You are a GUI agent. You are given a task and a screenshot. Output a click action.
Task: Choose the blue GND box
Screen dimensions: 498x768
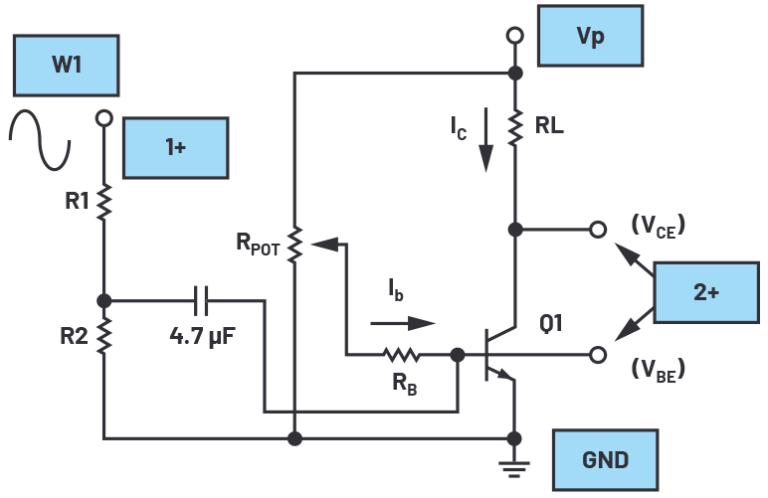tap(606, 459)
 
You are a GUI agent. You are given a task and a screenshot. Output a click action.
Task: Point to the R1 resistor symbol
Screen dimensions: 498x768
tap(103, 201)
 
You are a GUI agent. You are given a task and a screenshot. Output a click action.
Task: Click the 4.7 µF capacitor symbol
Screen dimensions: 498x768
tap(201, 298)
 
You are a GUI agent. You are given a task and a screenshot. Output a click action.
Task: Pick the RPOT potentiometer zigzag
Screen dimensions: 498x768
tap(294, 243)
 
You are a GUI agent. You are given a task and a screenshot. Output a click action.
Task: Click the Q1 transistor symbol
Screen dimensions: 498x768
tap(497, 354)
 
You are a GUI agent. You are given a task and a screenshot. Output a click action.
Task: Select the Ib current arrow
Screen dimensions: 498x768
tap(402, 322)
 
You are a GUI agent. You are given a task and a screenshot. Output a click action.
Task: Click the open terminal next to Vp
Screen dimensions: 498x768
tap(515, 35)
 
